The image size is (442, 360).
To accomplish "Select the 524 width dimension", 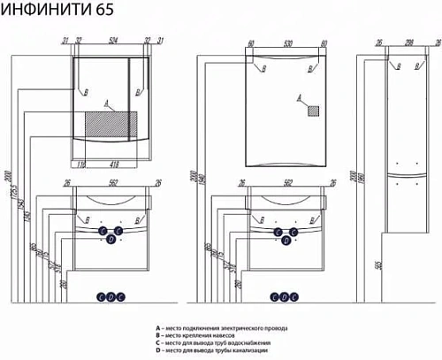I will pos(111,40).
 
